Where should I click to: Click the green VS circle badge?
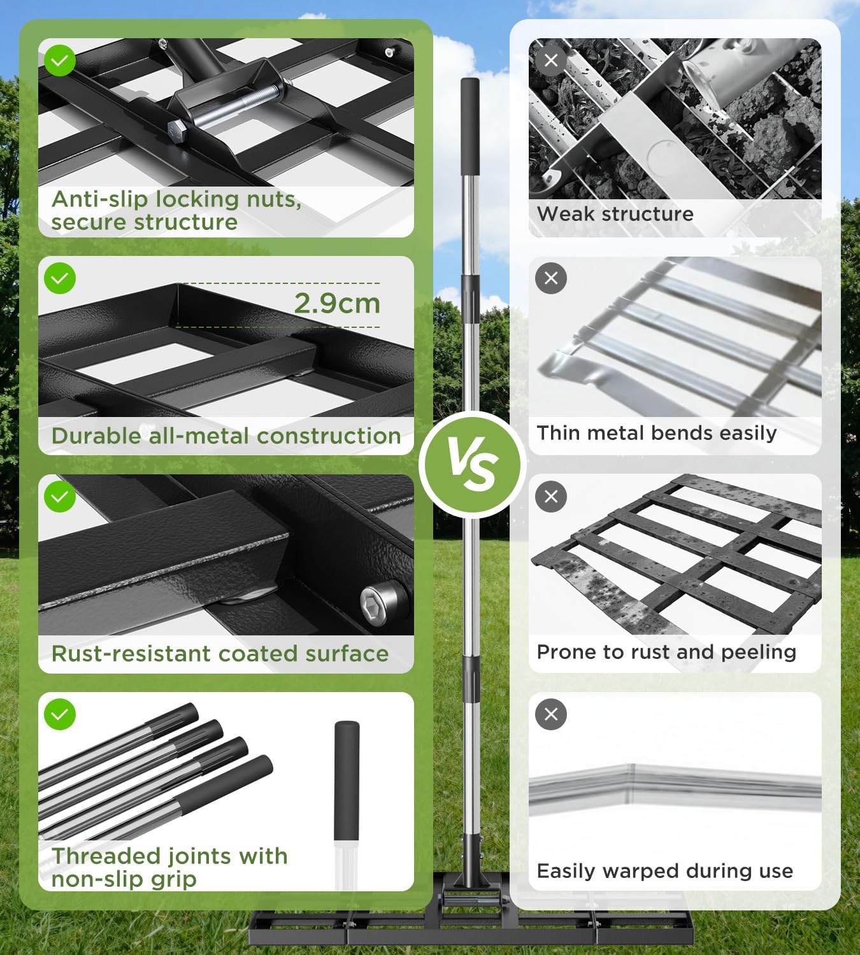coord(471,464)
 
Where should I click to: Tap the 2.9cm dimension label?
coord(337,303)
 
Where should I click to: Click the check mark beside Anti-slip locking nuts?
coord(60,60)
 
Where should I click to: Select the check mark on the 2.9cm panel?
coord(60,278)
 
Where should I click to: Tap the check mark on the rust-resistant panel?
coord(60,497)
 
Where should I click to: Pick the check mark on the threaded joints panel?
coord(60,714)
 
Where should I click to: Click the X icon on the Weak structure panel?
coord(551,60)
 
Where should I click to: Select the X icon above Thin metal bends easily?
coord(551,278)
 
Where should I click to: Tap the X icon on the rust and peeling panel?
coord(551,497)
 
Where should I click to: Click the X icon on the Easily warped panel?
coord(551,714)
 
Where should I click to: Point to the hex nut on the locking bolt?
coord(176,132)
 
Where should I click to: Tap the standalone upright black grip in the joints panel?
coord(347,781)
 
